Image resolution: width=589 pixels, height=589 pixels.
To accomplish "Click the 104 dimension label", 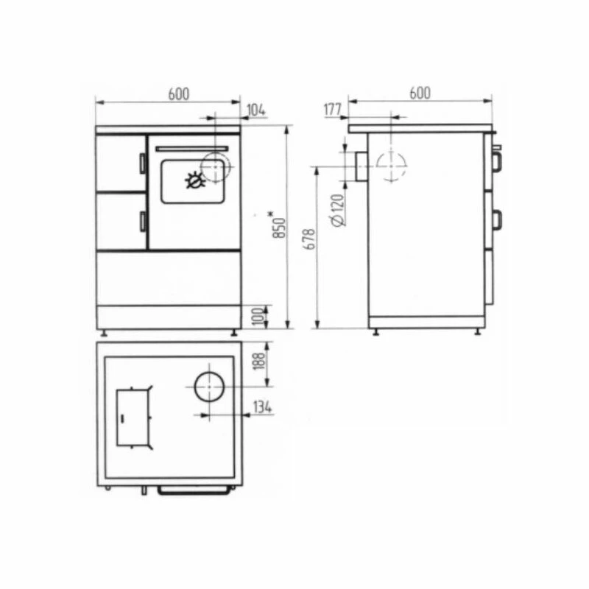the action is [256, 110].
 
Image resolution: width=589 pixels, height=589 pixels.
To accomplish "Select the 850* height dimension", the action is [281, 225].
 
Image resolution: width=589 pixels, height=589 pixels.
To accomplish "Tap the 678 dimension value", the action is [310, 239].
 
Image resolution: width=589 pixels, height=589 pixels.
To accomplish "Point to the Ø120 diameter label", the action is [338, 210].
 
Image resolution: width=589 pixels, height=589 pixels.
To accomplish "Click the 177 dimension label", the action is [333, 110].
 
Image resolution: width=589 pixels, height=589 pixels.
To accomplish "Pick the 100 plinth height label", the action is [260, 317].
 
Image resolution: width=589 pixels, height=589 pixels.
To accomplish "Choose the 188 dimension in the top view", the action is [260, 360].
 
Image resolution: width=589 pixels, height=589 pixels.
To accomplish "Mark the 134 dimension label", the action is [263, 407].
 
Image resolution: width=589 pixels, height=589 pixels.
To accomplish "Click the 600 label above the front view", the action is [179, 94].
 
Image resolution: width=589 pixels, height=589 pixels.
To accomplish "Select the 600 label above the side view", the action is [420, 94].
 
